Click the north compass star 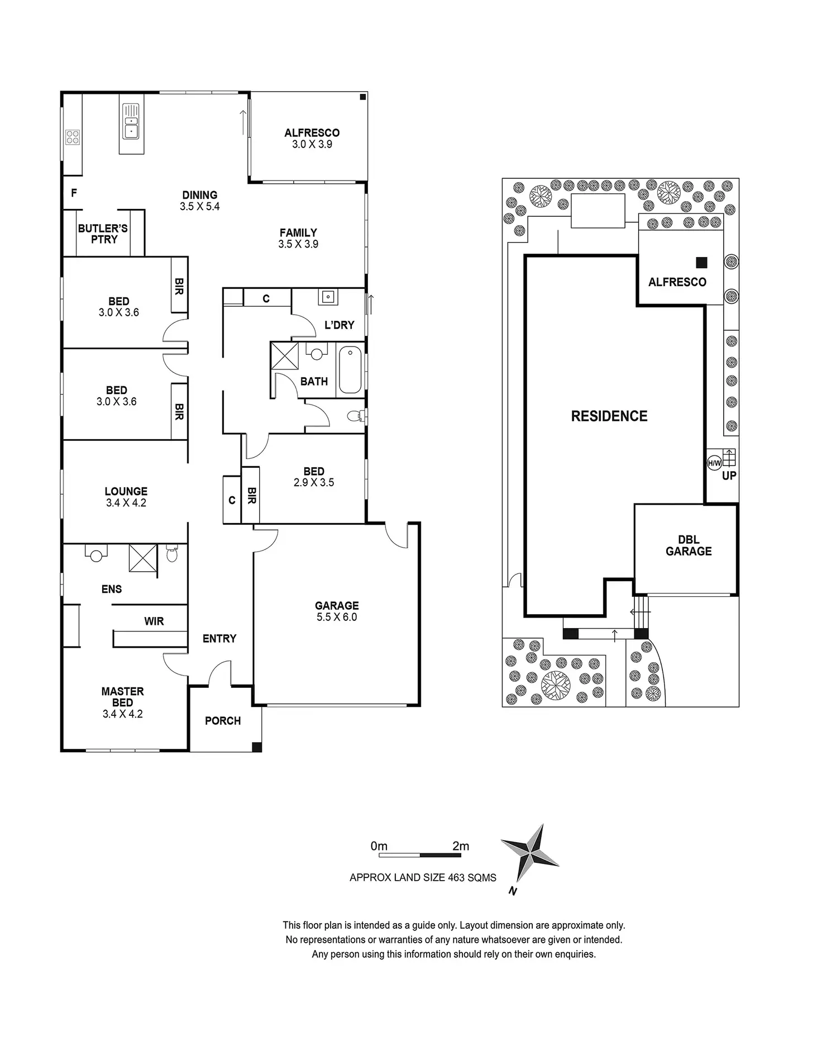point(529,853)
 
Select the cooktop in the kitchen point(73,137)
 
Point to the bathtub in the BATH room point(350,370)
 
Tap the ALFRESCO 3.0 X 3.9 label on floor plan point(312,139)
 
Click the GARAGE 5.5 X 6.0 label point(336,611)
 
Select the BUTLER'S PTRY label point(103,234)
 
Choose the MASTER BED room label point(122,702)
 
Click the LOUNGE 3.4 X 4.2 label point(126,497)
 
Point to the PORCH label point(223,721)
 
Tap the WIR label point(154,621)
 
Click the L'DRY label point(340,325)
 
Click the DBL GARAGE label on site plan point(689,546)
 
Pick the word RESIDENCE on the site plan point(609,416)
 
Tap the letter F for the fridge point(74,193)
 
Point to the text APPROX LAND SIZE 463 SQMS point(423,877)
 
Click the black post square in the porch point(256,747)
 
